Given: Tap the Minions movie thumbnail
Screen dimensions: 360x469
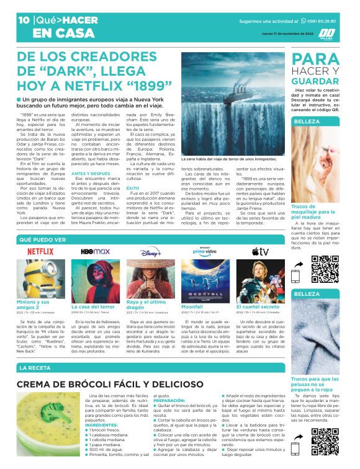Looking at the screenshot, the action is (x=40, y=280).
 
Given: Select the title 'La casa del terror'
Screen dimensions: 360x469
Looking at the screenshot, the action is (x=93, y=306).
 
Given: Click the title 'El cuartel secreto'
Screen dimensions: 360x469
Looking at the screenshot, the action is (x=258, y=306).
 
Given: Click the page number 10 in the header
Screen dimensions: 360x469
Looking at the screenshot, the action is (x=24, y=20).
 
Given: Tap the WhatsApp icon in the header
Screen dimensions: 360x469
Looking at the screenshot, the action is (x=303, y=20).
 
